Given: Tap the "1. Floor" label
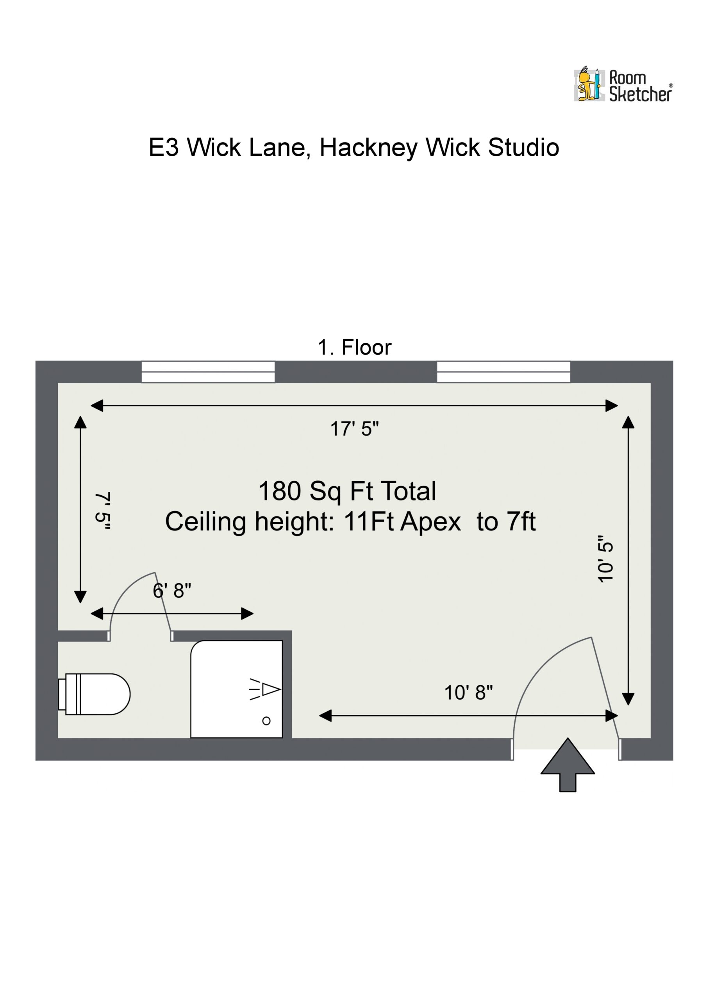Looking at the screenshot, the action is (x=354, y=348).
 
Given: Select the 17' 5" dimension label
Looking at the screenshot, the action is (x=354, y=429).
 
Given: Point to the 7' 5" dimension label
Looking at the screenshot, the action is (x=103, y=511).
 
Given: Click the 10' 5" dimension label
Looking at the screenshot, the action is (x=605, y=559).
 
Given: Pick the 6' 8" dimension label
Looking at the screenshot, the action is (x=171, y=591).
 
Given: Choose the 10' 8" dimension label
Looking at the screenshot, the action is (x=468, y=693).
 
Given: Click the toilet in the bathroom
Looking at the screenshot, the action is (x=94, y=694).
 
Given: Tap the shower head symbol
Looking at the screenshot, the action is (x=265, y=689).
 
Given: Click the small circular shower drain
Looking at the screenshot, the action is (x=266, y=721).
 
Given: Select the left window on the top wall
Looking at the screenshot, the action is (x=208, y=371).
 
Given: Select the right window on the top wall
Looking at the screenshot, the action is (x=503, y=371).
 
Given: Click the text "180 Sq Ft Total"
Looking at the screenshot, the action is (x=347, y=491).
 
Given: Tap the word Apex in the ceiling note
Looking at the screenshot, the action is (x=430, y=521).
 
